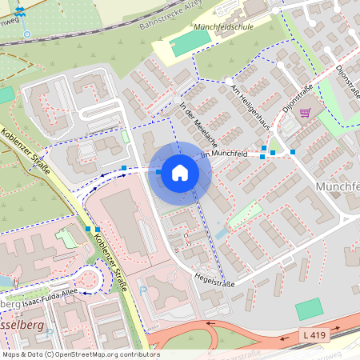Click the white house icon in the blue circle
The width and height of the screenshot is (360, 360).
(180, 173)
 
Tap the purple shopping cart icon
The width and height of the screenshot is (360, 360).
(305, 113)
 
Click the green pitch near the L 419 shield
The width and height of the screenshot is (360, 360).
(308, 309)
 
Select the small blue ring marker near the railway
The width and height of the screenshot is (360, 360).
(26, 34)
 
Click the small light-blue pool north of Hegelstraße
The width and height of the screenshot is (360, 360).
(220, 234)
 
